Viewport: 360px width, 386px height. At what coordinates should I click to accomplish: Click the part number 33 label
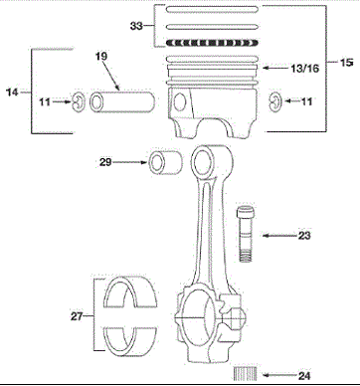(136, 26)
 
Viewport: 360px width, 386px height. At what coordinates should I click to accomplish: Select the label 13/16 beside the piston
(305, 69)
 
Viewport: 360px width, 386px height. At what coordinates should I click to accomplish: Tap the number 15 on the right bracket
(347, 62)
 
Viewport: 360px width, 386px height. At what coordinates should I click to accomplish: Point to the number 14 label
(12, 92)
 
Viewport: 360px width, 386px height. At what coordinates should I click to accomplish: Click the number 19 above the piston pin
(101, 56)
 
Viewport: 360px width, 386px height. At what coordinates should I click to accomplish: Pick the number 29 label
(105, 162)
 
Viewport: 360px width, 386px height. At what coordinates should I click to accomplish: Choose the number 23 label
(304, 236)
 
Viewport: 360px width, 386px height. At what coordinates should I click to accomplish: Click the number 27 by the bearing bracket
(77, 316)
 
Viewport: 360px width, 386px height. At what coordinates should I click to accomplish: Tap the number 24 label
(304, 376)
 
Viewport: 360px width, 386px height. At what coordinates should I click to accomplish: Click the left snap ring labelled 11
(78, 102)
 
